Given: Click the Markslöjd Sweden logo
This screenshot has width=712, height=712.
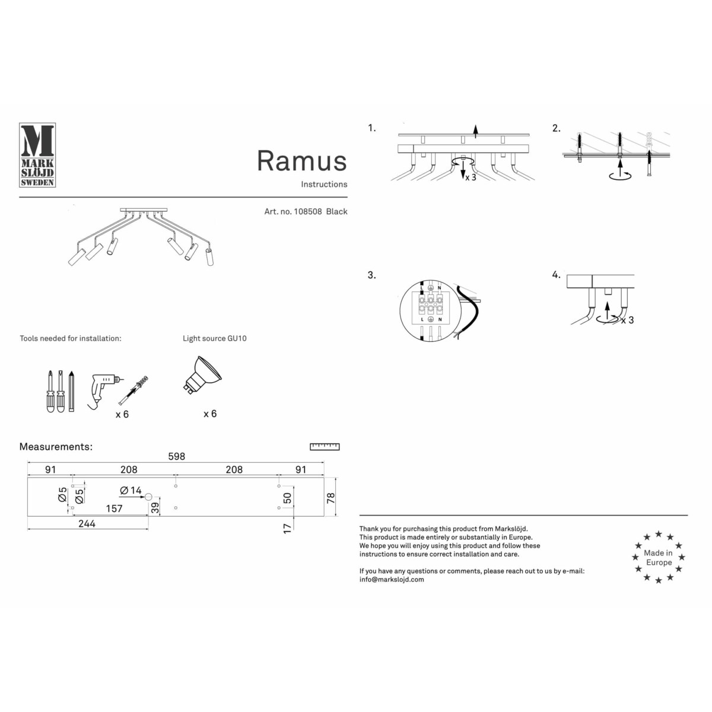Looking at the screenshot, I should pos(37,155).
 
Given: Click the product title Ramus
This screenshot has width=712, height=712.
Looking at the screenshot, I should pos(301,161).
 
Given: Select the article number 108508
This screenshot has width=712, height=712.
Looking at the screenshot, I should pos(307,211).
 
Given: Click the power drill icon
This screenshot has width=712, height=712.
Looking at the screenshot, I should pos(105,389).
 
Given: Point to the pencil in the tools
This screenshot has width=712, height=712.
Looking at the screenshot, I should pos(71,392).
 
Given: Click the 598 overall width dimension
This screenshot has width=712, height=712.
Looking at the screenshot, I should pos(176,456).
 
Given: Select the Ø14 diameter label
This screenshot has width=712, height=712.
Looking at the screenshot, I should pos(131,491).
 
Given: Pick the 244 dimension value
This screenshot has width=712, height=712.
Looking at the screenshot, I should pos(87,523).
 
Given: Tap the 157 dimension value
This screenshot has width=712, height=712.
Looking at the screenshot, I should pos(114,508).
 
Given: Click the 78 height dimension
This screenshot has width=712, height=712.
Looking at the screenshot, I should pos(331,497).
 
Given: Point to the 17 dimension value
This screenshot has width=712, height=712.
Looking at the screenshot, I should pos(288,527).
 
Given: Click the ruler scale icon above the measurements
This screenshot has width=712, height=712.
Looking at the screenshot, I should pos(325,447).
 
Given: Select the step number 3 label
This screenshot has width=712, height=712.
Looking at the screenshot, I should pos(371,275).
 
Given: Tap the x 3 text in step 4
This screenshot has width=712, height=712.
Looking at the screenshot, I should pos(628,320).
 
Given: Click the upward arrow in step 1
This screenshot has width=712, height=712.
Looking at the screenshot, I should pos(475,131).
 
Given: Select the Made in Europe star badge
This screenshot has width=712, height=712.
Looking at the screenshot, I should pos(658,558).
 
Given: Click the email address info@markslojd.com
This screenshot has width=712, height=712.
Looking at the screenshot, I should pos(392,580).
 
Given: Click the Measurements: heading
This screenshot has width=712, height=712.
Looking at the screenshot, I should pos(56,447).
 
